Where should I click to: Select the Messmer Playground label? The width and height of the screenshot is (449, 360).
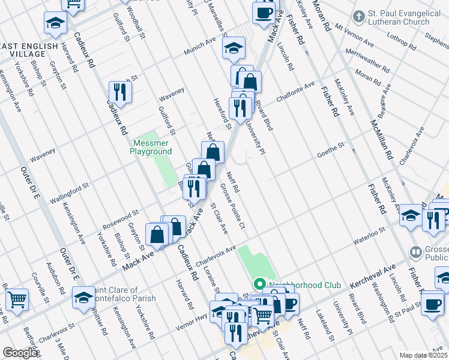coord(151,148)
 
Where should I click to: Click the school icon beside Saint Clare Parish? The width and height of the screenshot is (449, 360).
coord(83,296)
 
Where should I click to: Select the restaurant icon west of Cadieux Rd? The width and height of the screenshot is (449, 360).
coord(120,92)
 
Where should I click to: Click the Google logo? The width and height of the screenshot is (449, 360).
coord(19,353)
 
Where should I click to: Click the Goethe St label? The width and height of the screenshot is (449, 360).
coord(331,149)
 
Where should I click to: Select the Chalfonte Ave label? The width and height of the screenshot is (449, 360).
coord(295,92)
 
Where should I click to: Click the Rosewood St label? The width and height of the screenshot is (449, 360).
coord(121,217)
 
